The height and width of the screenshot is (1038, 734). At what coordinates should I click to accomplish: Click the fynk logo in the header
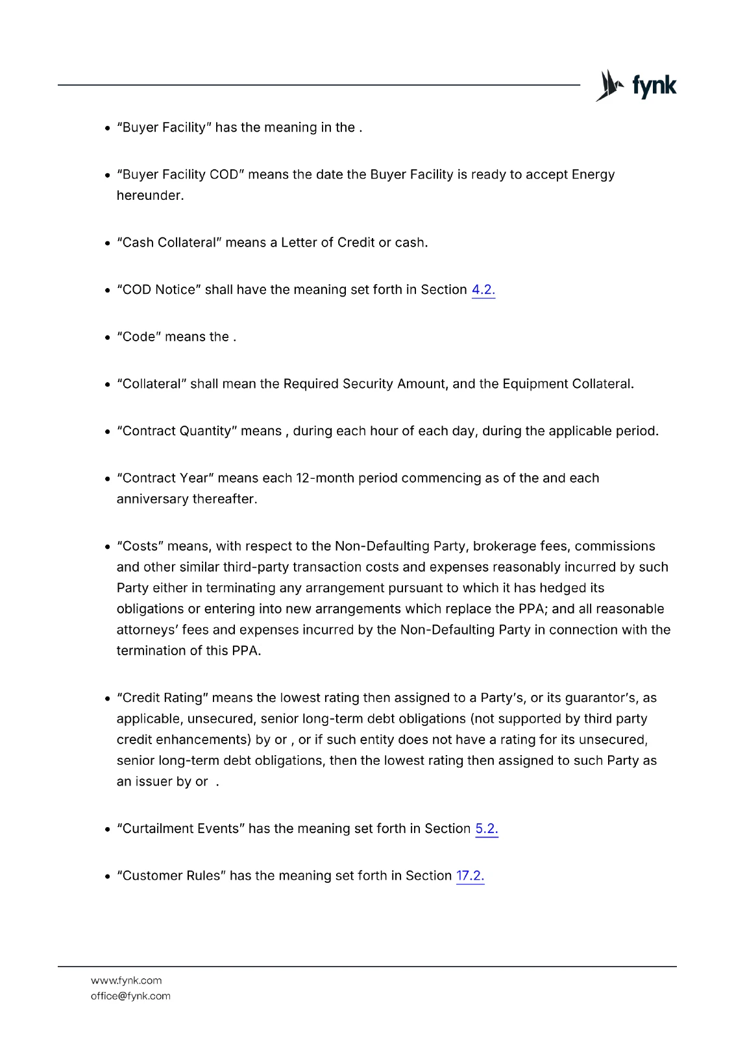pyautogui.click(x=635, y=86)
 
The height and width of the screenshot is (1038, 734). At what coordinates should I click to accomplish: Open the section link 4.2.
pyautogui.click(x=483, y=290)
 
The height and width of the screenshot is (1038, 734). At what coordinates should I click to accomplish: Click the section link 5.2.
pyautogui.click(x=487, y=829)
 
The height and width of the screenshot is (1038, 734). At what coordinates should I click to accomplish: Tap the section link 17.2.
pyautogui.click(x=470, y=876)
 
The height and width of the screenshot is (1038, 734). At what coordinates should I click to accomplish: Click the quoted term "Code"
pyautogui.click(x=139, y=337)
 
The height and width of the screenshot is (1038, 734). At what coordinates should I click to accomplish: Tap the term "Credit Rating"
pyautogui.click(x=162, y=698)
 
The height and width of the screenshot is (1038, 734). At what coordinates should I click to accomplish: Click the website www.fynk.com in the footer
pyautogui.click(x=126, y=981)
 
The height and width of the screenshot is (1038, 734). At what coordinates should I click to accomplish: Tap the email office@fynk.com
pyautogui.click(x=130, y=996)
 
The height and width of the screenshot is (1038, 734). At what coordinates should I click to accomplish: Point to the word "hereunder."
pyautogui.click(x=150, y=196)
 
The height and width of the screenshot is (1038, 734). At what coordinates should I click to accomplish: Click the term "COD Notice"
pyautogui.click(x=159, y=290)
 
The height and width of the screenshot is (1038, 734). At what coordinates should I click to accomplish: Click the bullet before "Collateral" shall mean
pyautogui.click(x=108, y=385)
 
